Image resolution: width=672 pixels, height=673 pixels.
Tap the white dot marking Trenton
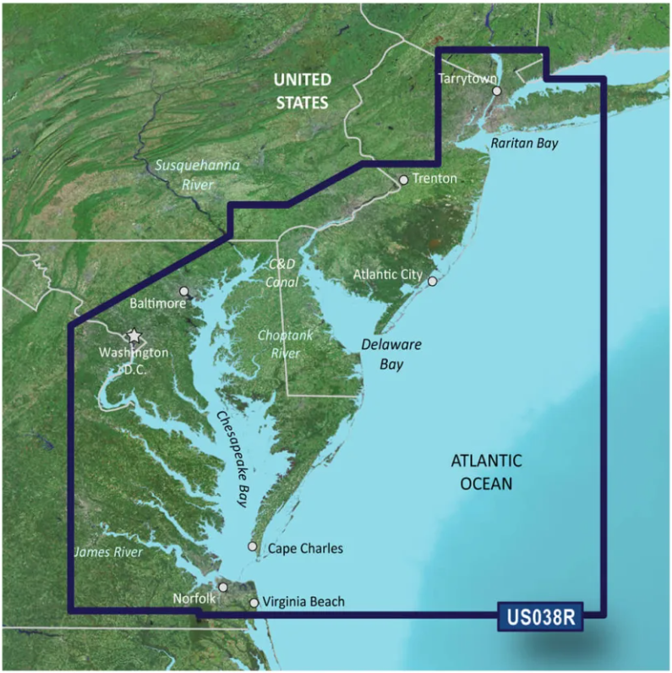tap(403, 179)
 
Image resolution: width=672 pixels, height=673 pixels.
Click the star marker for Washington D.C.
tap(133, 336)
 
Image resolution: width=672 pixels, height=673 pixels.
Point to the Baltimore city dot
tap(184, 291)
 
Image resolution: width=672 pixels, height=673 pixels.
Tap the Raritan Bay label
tap(524, 144)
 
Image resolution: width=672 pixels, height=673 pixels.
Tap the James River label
tap(107, 552)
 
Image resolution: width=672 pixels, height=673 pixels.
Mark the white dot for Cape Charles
tap(252, 547)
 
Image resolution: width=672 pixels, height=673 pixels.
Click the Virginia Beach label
tap(303, 602)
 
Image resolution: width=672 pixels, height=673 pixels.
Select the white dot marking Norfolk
tap(222, 587)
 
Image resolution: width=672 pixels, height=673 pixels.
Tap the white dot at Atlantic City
tap(433, 282)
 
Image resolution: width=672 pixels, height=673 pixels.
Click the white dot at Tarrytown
tap(497, 91)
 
